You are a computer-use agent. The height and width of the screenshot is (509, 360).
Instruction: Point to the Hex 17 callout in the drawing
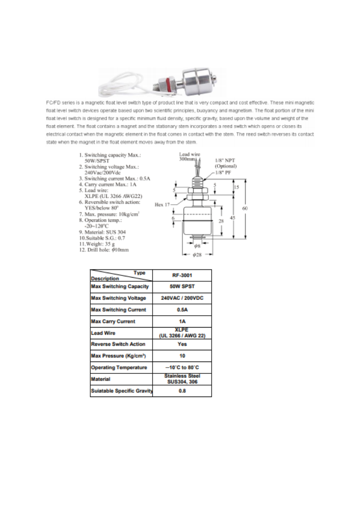(x=161, y=205)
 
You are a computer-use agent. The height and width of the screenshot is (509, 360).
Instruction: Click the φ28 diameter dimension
(x=197, y=255)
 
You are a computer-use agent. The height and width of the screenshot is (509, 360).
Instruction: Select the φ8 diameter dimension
(x=197, y=246)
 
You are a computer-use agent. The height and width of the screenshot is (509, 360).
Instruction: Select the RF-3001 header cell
(x=182, y=275)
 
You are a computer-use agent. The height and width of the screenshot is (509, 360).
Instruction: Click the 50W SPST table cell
(x=182, y=287)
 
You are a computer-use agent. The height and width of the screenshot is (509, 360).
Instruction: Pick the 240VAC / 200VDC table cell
(x=182, y=299)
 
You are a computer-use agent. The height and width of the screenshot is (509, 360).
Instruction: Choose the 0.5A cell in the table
(x=182, y=310)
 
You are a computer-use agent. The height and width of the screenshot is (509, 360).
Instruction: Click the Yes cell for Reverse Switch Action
(x=182, y=344)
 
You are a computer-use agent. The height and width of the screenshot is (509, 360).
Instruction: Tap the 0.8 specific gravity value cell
(x=182, y=391)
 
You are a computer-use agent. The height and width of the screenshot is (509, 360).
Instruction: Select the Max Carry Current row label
(x=113, y=322)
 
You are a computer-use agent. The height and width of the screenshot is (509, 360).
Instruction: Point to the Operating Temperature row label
(x=119, y=367)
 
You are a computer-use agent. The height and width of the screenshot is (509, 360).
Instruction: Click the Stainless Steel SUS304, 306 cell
(x=182, y=379)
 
